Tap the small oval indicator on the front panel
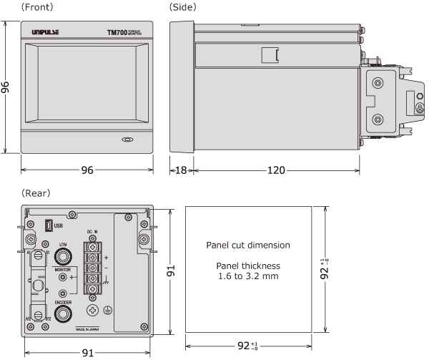pos(128,140)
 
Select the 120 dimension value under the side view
pos(275,170)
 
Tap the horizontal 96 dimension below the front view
pos(87,170)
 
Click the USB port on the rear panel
pos(46,225)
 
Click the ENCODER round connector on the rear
pos(63,312)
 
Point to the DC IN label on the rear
pos(92,232)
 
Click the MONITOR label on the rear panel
pos(62,269)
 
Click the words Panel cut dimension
pos(248,245)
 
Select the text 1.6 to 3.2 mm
pos(248,276)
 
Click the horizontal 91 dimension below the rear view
pos(87,353)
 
